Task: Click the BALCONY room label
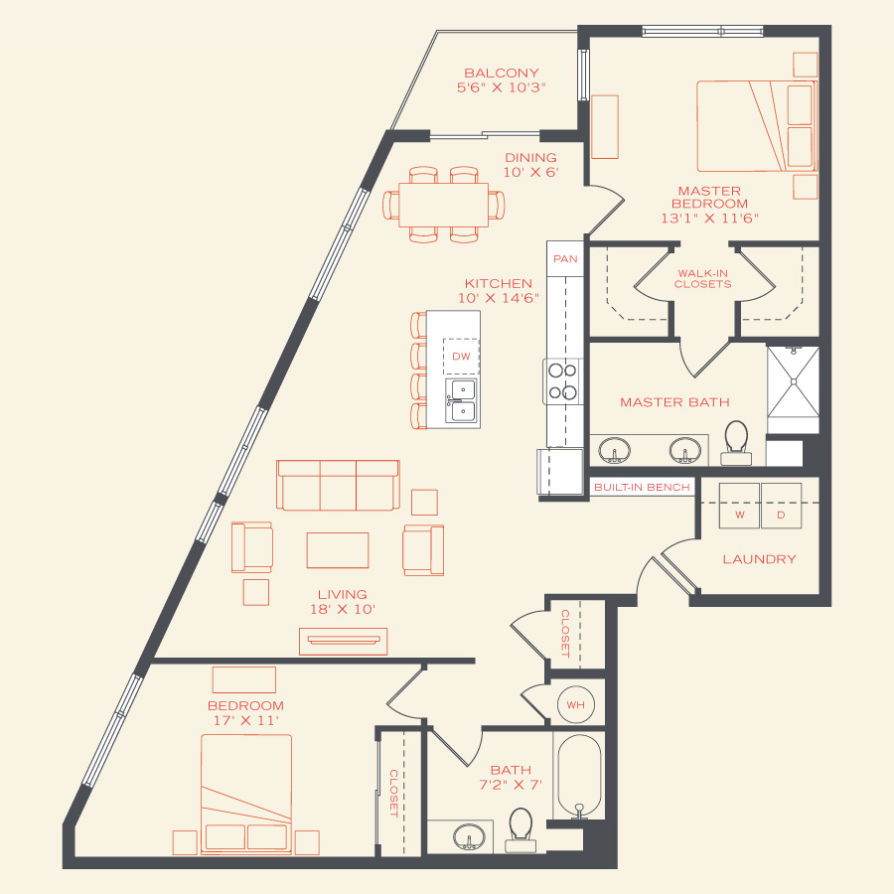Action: (x=502, y=73)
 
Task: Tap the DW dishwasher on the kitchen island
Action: (x=461, y=357)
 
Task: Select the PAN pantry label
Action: (x=565, y=259)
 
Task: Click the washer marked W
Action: (x=739, y=506)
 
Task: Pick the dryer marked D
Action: (x=781, y=506)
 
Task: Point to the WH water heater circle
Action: (x=576, y=704)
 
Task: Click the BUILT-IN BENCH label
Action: (x=642, y=488)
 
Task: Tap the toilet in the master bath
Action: (x=736, y=443)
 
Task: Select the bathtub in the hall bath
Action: (x=579, y=777)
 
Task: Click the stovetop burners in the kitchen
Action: (x=563, y=381)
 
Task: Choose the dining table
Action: (x=444, y=205)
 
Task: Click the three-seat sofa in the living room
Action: (x=338, y=485)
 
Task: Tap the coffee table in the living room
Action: (x=338, y=550)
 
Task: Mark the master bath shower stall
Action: (x=793, y=381)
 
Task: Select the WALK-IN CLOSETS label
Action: (x=702, y=279)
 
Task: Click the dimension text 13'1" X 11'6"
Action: (x=710, y=219)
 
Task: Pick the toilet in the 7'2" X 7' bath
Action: (x=521, y=830)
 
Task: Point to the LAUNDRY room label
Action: (x=759, y=559)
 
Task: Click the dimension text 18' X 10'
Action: (x=342, y=610)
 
